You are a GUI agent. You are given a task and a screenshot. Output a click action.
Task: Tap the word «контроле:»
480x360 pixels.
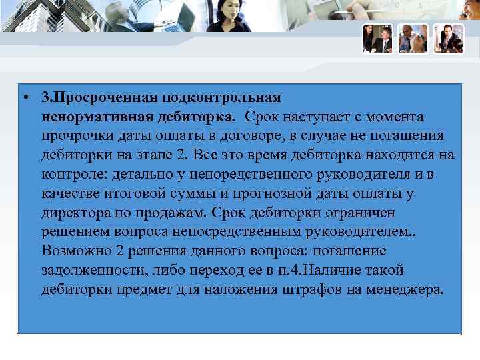[73, 175]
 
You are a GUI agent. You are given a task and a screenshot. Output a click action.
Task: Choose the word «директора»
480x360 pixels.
[76, 214]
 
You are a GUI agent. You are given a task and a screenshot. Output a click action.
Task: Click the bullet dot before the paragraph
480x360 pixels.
[25, 99]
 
